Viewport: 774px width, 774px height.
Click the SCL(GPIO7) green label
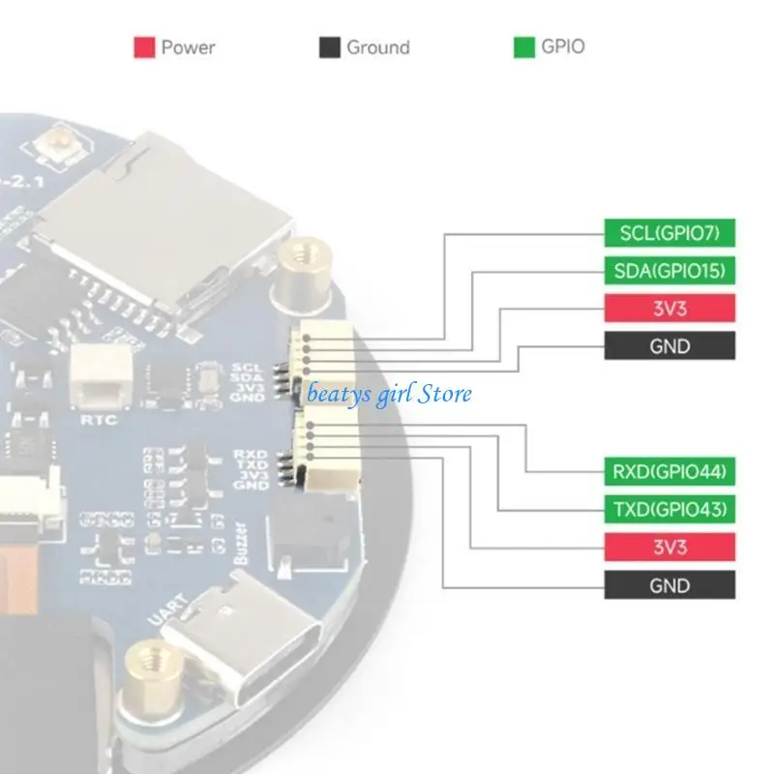pos(670,232)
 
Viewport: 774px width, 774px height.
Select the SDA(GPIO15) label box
pos(670,270)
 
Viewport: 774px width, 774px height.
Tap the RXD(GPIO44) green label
pos(670,471)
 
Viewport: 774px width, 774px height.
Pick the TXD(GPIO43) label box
pos(670,509)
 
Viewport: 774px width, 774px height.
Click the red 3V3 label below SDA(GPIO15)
pos(670,308)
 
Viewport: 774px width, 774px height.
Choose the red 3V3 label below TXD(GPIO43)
pos(670,548)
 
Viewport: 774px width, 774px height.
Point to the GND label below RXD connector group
pos(670,585)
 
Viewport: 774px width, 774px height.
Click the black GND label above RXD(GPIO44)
pos(670,345)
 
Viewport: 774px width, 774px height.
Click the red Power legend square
pos(144,47)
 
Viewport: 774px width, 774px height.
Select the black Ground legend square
pos(330,47)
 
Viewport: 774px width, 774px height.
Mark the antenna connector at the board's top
pos(48,147)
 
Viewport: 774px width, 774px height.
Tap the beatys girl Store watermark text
pos(389,394)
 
